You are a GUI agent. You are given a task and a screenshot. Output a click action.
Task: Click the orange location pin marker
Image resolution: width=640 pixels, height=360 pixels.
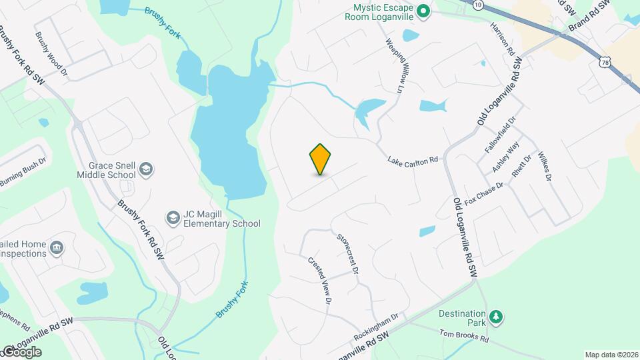point(321,159)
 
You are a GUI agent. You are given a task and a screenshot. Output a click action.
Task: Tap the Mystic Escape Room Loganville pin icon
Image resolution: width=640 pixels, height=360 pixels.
point(423,11)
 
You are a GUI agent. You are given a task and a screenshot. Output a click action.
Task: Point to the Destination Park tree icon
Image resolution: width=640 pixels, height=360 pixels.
point(495,315)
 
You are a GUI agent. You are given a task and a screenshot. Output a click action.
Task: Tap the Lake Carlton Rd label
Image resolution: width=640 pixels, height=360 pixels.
point(413,160)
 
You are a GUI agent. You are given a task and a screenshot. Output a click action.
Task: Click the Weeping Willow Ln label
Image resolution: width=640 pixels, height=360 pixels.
point(395,64)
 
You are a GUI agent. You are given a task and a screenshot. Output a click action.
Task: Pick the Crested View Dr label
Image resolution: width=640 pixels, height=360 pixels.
point(320,280)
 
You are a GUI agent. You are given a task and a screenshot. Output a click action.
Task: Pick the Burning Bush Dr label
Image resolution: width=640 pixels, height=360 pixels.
point(23,171)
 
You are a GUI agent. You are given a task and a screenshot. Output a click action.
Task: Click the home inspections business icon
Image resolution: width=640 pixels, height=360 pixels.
point(57,248)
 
